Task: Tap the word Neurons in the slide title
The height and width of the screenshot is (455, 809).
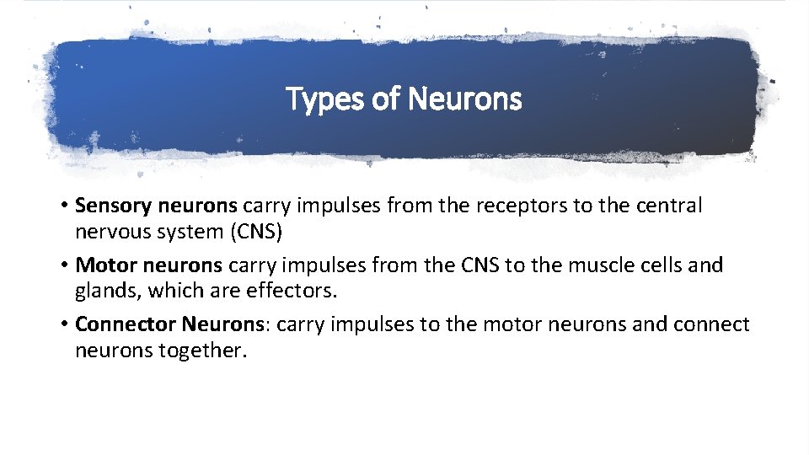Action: pyautogui.click(x=465, y=99)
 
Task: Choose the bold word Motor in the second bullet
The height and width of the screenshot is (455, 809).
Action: pyautogui.click(x=105, y=265)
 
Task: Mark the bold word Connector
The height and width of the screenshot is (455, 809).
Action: pyautogui.click(x=125, y=324)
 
